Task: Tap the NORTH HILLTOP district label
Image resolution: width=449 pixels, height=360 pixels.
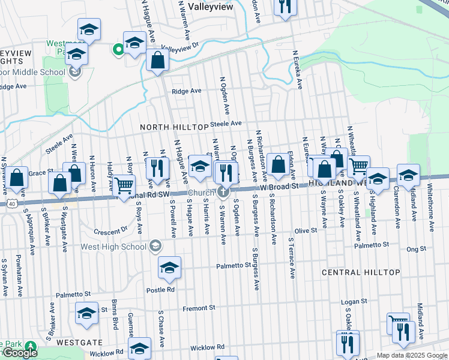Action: (172, 127)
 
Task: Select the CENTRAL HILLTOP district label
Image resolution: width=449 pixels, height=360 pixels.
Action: (361, 272)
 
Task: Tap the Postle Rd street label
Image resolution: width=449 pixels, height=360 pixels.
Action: (160, 289)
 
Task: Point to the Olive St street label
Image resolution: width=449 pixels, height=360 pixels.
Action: (305, 231)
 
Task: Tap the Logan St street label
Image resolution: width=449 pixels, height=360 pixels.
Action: (354, 302)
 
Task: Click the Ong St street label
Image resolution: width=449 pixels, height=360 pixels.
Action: (415, 248)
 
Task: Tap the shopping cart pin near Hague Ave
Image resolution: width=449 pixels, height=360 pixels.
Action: (124, 185)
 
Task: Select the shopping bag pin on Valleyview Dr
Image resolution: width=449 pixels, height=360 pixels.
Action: (157, 61)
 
